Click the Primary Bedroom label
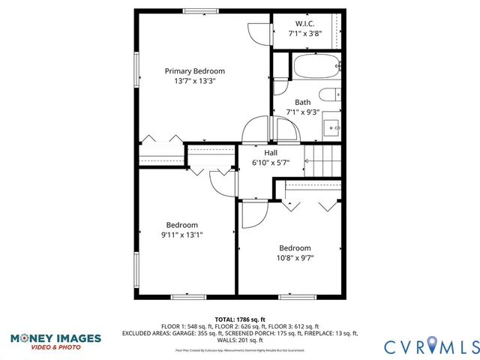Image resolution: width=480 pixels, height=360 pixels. (194, 71)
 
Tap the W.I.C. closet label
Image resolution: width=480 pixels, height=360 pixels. (305, 23)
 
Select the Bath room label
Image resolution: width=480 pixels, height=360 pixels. (302, 103)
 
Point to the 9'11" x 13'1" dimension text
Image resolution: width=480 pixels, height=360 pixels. (182, 235)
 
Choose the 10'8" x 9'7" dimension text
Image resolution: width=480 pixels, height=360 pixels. (295, 258)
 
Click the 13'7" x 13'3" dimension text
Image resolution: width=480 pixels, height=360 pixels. (194, 81)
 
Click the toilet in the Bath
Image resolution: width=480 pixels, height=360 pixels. (328, 94)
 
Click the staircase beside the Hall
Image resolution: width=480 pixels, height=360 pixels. (325, 159)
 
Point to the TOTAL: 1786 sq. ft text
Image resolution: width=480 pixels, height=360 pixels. (240, 319)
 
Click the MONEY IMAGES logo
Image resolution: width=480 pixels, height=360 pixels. (55, 340)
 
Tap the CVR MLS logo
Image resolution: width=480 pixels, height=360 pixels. (430, 346)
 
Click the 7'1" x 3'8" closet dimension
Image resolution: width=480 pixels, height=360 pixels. (305, 33)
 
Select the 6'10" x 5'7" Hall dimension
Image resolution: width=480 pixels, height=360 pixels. (271, 162)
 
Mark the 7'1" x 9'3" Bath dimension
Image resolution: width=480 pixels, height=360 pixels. (302, 112)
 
